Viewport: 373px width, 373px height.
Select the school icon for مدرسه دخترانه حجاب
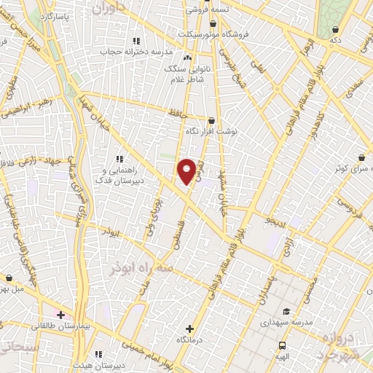point(135,41)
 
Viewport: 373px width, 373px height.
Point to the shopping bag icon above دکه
point(335,29)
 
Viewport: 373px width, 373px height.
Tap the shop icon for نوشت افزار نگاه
point(211,121)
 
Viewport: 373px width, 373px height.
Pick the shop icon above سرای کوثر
point(362,157)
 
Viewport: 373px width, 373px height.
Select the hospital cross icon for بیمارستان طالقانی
point(60,315)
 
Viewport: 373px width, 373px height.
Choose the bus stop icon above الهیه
point(282,345)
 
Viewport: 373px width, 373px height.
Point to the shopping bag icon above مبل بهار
point(8,278)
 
